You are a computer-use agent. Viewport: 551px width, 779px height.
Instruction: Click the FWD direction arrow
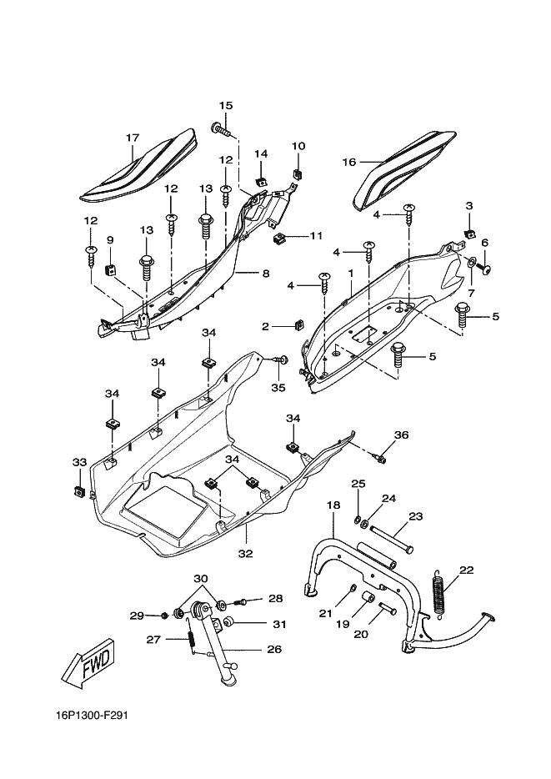coord(91,664)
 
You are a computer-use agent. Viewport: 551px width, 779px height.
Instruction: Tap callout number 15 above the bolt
coord(226,106)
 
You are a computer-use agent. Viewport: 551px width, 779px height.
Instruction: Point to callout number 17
coord(133,138)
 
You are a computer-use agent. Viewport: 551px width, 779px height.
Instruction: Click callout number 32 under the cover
coord(246,554)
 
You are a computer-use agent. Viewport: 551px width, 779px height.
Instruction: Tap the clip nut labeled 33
coord(77,491)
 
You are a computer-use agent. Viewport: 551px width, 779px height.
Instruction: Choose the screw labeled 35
coord(282,359)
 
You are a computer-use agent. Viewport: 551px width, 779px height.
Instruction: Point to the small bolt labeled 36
coord(380,458)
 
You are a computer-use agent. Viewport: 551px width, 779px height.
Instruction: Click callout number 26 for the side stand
coord(274,649)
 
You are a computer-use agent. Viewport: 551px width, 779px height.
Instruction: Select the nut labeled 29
coord(164,616)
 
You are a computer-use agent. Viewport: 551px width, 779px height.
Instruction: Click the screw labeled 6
coord(483,269)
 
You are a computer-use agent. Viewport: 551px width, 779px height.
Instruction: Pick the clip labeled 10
coord(298,173)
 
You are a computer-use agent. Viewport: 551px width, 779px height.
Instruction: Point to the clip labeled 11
coord(281,238)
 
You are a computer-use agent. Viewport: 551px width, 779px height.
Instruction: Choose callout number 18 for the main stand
coord(333,505)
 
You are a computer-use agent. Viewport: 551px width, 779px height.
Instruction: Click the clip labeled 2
coord(298,325)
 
